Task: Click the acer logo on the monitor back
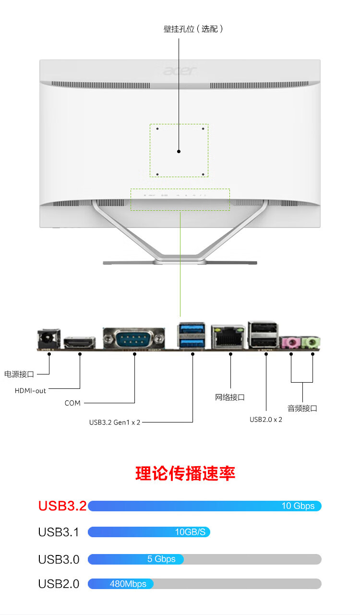coord(180,71)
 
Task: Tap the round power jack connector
coord(48,338)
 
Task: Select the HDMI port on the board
coord(79,343)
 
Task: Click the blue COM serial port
coord(134,338)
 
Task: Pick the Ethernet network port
coord(228,337)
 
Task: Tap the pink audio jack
coord(290,342)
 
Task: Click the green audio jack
coord(311,342)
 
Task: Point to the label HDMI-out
coord(30,391)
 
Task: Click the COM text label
coord(72,403)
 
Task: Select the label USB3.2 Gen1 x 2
coord(115,422)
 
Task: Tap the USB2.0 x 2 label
coord(266,420)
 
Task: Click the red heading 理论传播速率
coord(185,473)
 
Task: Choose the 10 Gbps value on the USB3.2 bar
coord(298,506)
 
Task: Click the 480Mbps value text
coord(128,584)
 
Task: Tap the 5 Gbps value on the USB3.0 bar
coord(161,559)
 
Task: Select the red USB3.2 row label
coord(62,506)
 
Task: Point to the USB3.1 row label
coord(59,532)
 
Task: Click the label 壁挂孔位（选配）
coord(193,29)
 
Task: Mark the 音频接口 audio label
coord(302,408)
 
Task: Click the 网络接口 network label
coord(229,398)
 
